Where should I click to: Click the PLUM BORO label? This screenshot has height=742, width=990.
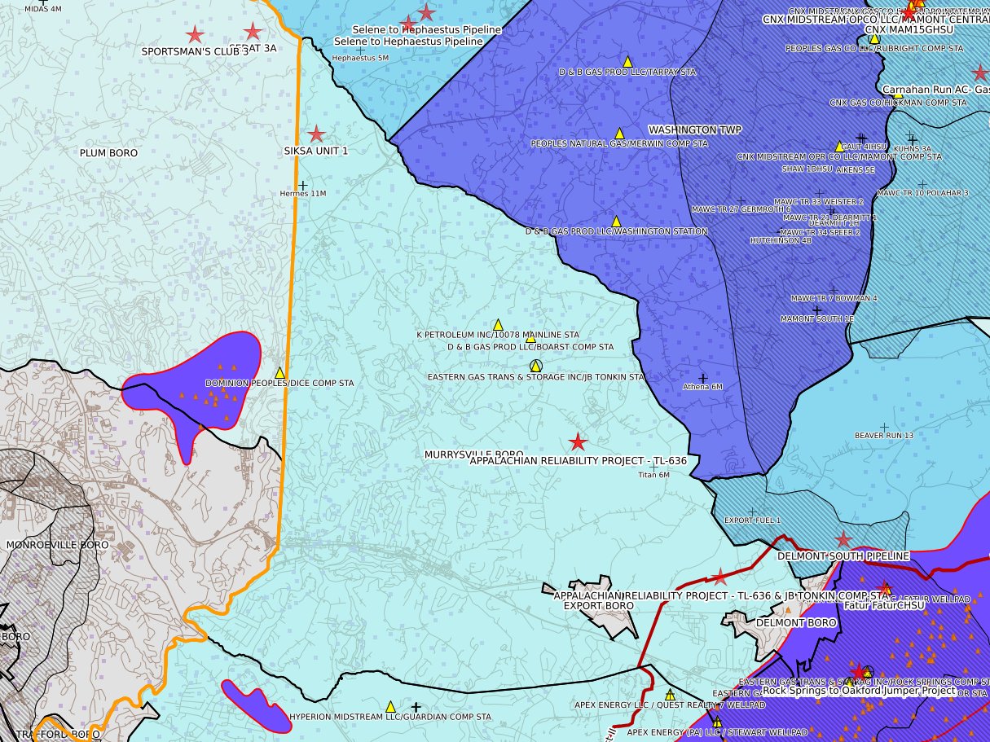[x=108, y=153]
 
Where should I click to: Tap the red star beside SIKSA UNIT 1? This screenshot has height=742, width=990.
[x=316, y=134]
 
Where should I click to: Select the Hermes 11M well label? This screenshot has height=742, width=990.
[x=302, y=194]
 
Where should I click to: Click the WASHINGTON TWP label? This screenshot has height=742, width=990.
[x=683, y=130]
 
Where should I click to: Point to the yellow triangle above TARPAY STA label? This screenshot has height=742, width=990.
[x=627, y=61]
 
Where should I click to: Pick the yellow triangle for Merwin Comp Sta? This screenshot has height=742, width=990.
[x=618, y=133]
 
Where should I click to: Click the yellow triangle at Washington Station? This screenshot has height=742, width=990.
[x=616, y=221]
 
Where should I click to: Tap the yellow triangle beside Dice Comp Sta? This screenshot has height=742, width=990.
[x=279, y=372]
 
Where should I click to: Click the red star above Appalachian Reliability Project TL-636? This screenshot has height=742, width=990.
[x=578, y=442]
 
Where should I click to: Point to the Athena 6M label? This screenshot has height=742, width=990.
[x=702, y=387]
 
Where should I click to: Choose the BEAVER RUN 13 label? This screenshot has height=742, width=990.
[x=883, y=436]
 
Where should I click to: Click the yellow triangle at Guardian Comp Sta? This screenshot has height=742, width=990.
[x=389, y=706]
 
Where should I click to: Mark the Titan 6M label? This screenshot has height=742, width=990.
[x=653, y=474]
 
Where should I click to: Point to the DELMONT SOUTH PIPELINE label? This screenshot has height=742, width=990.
[x=843, y=556]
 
